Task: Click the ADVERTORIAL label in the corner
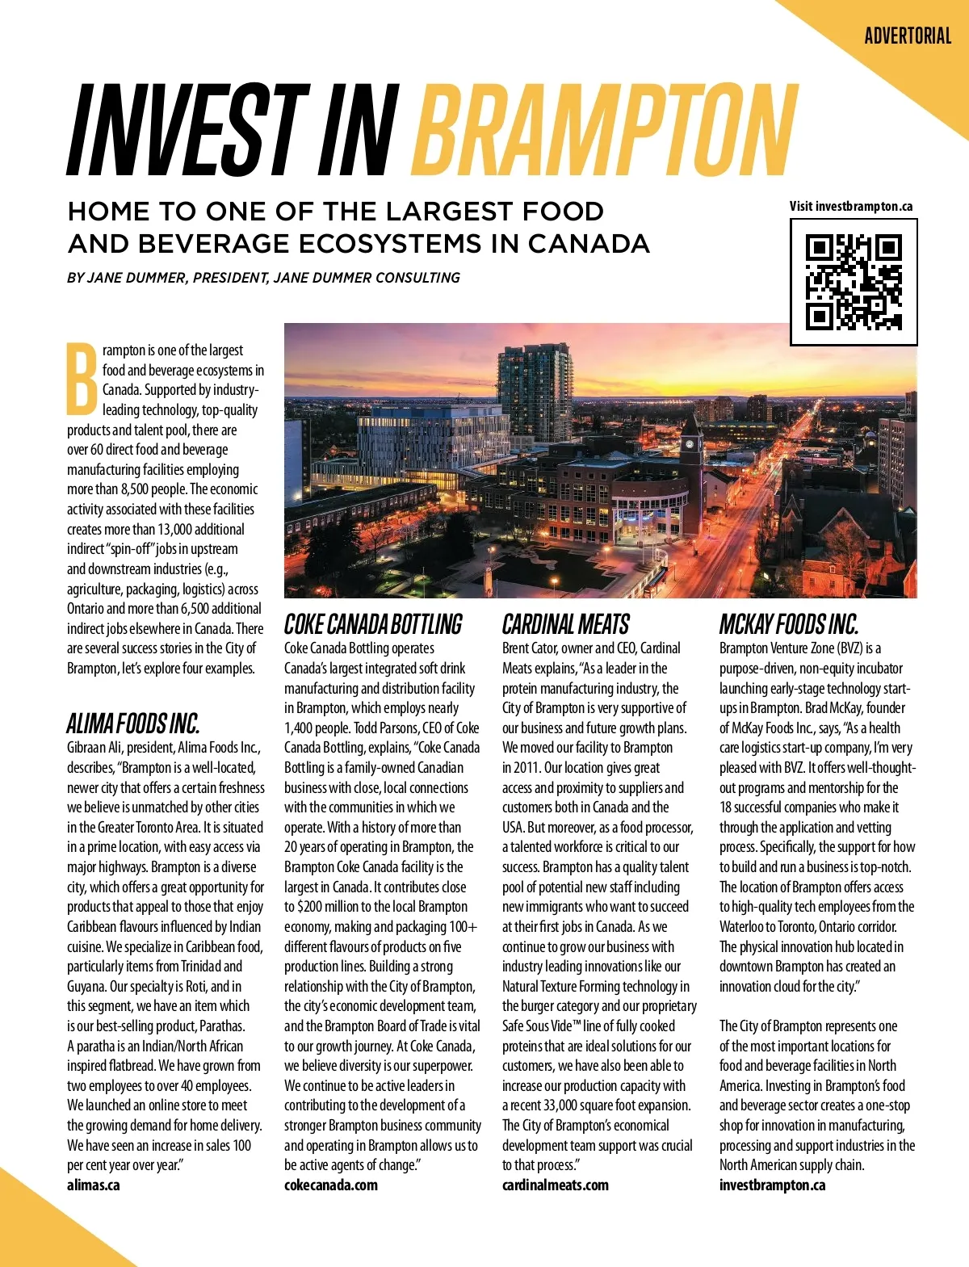coord(908,36)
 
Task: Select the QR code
coord(854,282)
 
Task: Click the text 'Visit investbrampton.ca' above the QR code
coord(851,206)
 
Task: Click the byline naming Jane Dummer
coord(263,278)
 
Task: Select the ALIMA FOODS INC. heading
coord(133,723)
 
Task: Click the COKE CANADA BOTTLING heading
coord(373,624)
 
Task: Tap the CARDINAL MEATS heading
coord(565,624)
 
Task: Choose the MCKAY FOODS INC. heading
coord(788,624)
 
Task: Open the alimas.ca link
coord(93,1185)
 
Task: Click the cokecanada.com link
coord(331,1185)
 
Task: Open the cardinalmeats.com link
coord(556,1185)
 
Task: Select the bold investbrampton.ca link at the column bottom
coord(772,1185)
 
